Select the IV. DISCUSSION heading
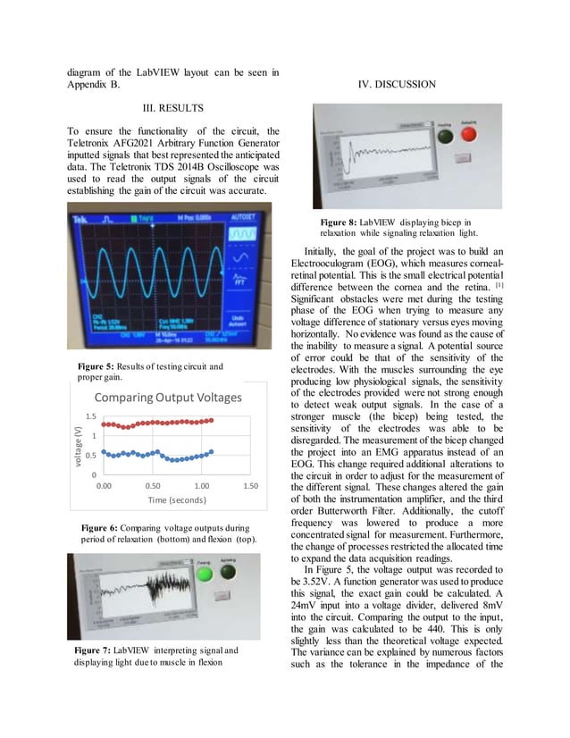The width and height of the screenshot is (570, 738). [x=395, y=85]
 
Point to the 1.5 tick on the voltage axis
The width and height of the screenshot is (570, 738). [x=91, y=417]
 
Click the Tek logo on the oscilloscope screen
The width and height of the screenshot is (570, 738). [x=82, y=217]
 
